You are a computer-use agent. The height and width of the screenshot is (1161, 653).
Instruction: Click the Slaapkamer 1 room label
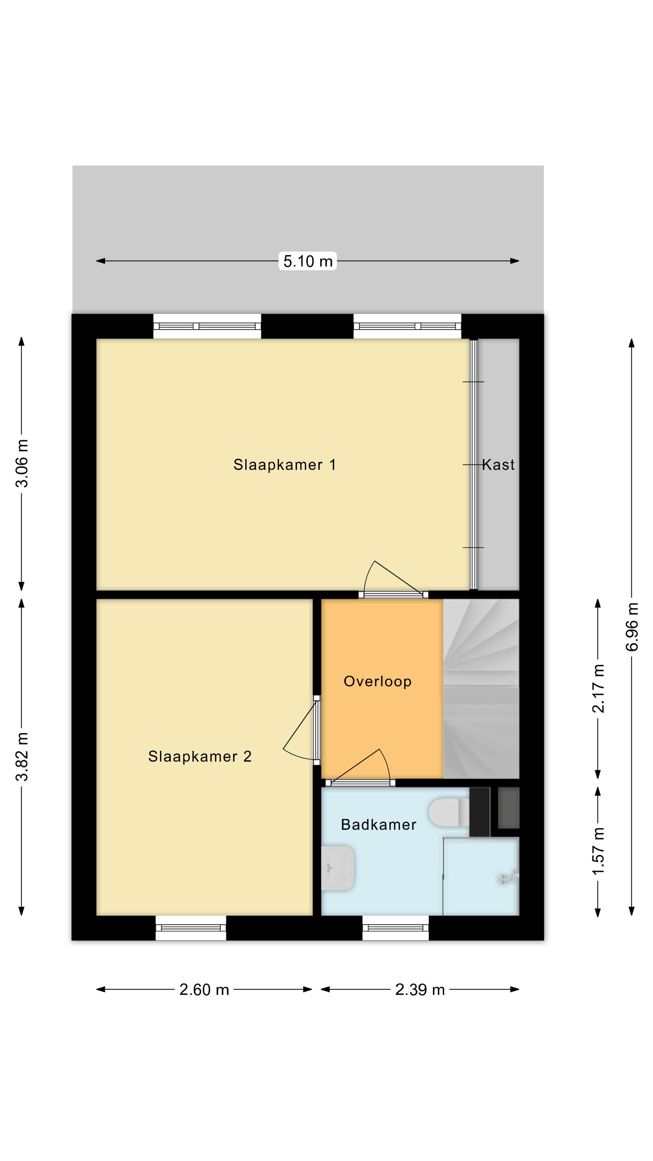[x=284, y=465]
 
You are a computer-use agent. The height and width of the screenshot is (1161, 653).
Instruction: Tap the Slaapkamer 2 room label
[x=200, y=756]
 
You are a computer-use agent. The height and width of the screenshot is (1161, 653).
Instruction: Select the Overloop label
[x=377, y=681]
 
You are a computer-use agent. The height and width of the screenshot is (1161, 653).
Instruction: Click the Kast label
[x=498, y=465]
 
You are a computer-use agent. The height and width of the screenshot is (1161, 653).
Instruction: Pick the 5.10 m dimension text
[x=308, y=261]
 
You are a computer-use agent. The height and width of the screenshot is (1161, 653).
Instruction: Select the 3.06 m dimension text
[x=22, y=463]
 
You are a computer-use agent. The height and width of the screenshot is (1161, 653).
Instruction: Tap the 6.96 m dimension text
[x=632, y=627]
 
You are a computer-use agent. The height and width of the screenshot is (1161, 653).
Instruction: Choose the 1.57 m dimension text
[x=598, y=851]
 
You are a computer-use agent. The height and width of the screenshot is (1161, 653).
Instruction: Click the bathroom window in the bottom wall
[x=395, y=928]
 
